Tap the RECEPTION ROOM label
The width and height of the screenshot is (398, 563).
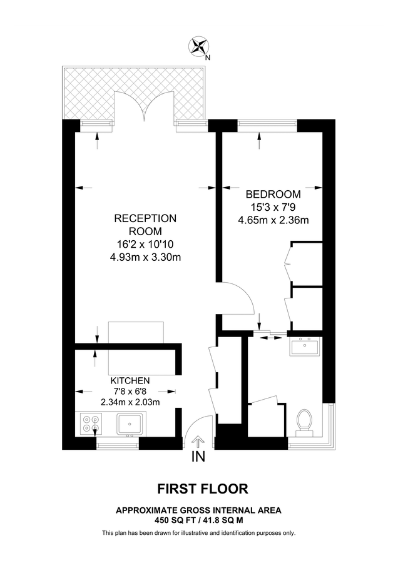point(145,225)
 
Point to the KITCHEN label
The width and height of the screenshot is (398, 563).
point(130,380)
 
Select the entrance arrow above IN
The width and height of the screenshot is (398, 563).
point(198,441)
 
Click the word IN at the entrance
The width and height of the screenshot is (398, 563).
point(198,457)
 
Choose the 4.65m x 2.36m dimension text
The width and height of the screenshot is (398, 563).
point(273,220)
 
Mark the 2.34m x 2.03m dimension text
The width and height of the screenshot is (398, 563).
point(130,402)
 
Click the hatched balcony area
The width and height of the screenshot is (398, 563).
point(88,94)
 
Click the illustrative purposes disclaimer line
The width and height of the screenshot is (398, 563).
point(198,533)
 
